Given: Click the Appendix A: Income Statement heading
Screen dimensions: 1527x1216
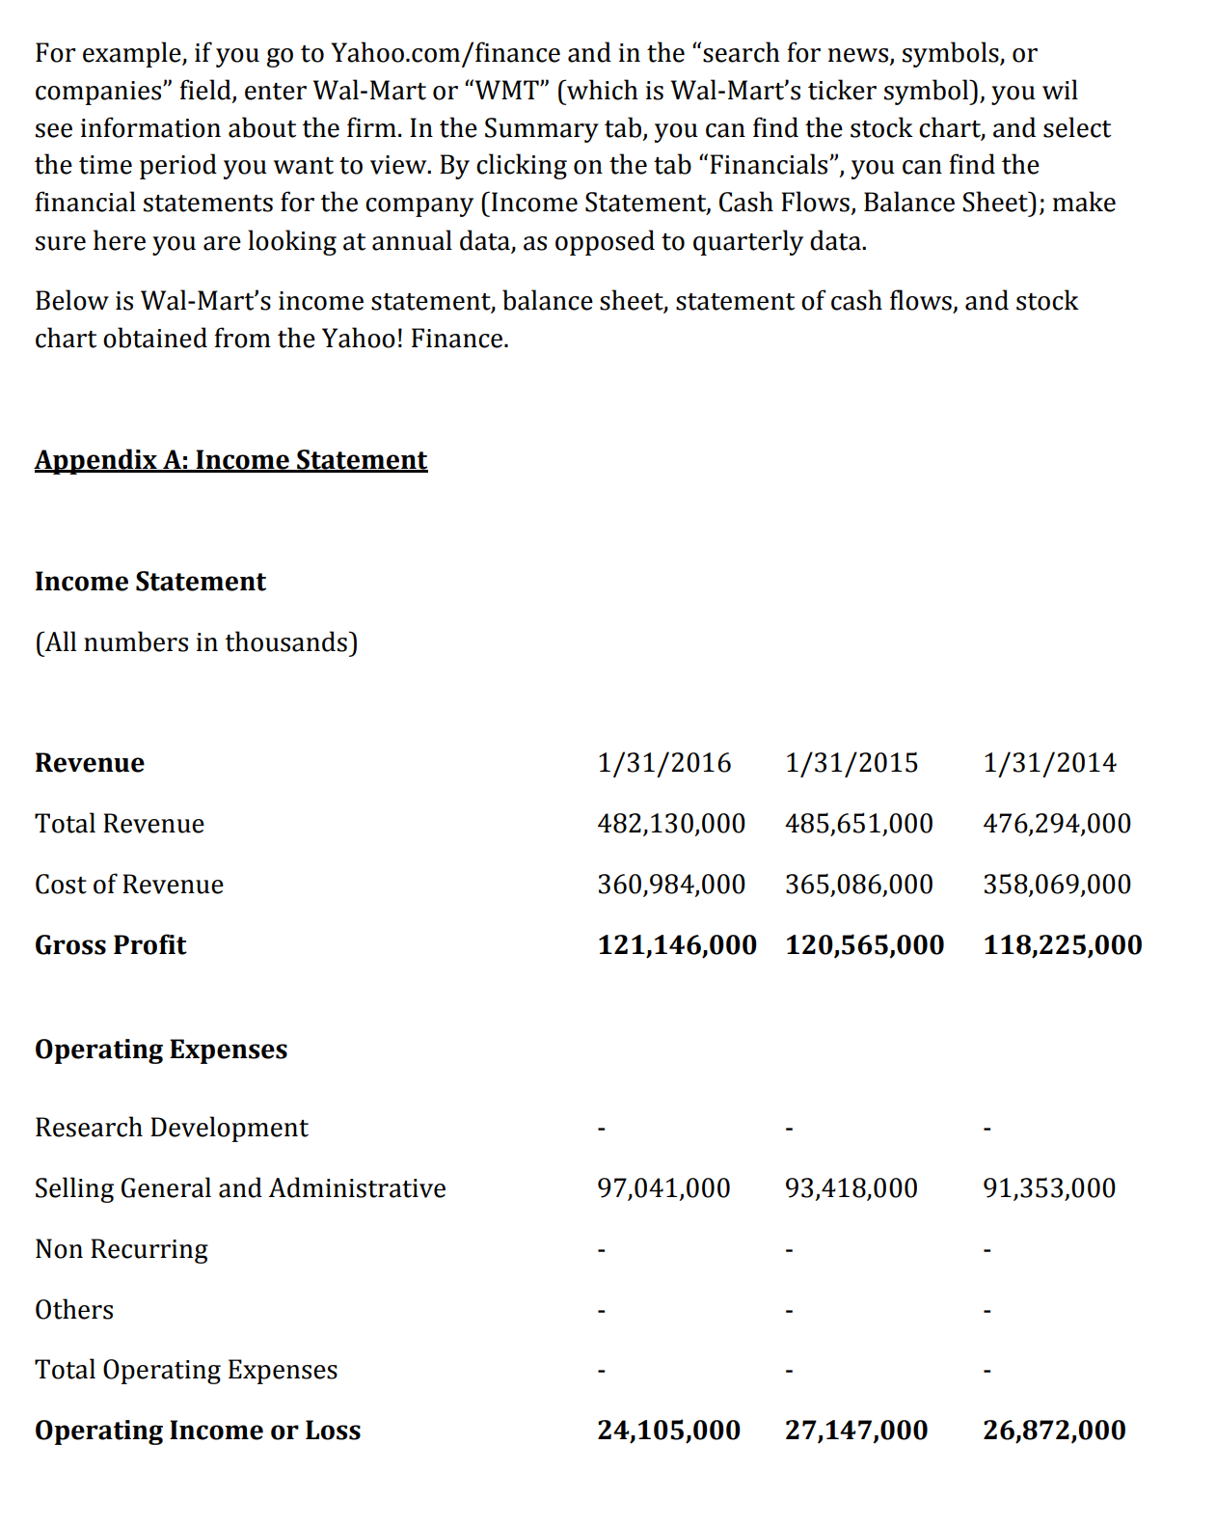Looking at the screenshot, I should pos(230,459).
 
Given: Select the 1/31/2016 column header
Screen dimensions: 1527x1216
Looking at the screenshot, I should pos(663,762).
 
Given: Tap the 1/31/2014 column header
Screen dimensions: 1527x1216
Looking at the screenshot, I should pos(1049,762).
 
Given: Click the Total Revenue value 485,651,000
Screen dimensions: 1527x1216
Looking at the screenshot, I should pos(858,823).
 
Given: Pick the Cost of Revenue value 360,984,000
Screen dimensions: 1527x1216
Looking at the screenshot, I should pos(671,884).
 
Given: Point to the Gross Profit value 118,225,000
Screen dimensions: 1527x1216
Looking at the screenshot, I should pos(1062,944).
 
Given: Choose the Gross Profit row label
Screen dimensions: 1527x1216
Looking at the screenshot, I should pos(110,944).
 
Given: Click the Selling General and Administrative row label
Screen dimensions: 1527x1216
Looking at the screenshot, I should pos(240,1187).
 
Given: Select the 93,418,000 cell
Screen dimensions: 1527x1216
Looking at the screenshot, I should pos(851,1187).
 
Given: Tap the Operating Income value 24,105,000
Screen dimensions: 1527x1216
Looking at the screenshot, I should pos(668,1430).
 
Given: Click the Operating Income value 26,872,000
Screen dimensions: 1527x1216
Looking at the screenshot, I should pos(1054,1430).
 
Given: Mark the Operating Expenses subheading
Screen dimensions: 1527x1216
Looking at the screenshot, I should pos(161,1049).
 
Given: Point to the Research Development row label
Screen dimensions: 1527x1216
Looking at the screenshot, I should pos(172,1127).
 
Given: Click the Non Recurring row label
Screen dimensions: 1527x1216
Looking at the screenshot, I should pos(122,1248).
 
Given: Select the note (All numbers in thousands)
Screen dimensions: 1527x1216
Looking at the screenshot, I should pos(196,641).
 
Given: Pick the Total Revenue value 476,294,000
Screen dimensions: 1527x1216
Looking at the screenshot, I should pos(1057,823).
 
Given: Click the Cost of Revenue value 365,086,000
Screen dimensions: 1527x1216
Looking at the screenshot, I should pos(858,884).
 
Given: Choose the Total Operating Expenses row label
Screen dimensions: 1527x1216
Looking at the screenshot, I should pos(186,1369).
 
